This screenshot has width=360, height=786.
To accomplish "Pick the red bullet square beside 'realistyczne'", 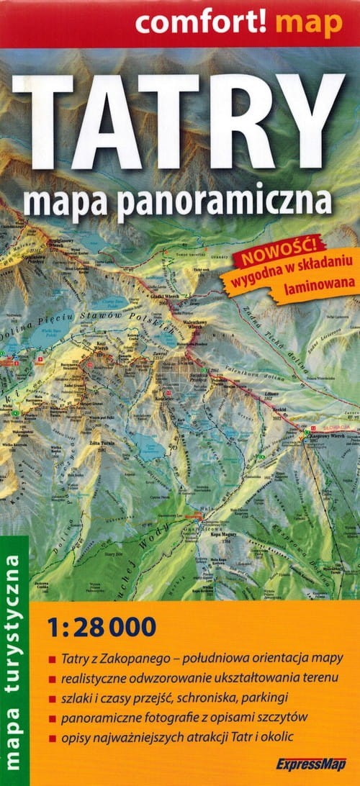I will click(x=52, y=679).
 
